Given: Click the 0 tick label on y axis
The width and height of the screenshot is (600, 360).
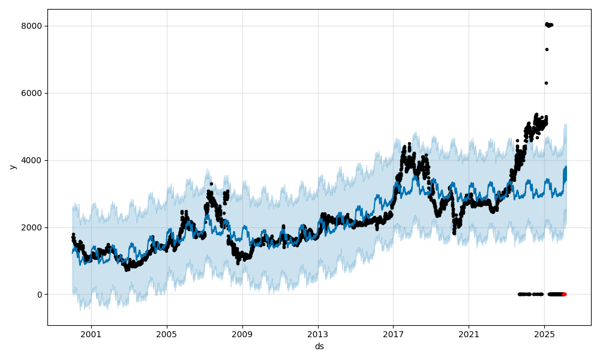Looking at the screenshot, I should point(40,295).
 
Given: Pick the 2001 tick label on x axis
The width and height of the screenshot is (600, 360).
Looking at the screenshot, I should point(91,335).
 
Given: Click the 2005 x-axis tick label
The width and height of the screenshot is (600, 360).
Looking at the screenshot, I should point(167,335).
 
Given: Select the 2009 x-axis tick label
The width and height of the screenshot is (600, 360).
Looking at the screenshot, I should point(242,335).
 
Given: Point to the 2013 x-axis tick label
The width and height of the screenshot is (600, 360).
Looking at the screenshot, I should point(318,335).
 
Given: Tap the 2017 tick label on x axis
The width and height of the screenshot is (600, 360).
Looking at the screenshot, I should point(394,335).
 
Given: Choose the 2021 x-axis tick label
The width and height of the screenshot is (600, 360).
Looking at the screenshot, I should point(469,335).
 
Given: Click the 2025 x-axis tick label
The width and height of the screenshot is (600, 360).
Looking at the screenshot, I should point(544,335).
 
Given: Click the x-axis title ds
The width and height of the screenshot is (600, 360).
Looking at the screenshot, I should point(319,346).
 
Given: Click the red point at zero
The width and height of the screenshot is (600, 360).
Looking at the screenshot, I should point(564,294).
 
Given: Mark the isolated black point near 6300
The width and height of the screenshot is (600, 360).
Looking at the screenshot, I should point(546,83).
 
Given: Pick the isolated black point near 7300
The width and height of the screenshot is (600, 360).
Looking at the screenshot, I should point(547,49).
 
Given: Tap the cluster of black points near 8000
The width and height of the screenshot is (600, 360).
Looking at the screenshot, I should point(548,25).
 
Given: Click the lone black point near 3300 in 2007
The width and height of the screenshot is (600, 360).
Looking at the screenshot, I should point(211,184).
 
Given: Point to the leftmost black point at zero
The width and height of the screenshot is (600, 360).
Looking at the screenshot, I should point(519,294).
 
